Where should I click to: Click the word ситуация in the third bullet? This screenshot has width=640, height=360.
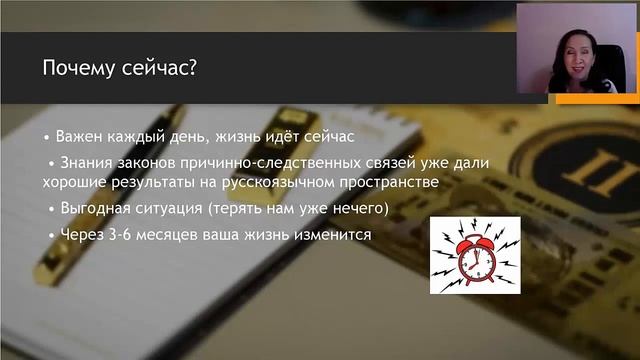(174, 208)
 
